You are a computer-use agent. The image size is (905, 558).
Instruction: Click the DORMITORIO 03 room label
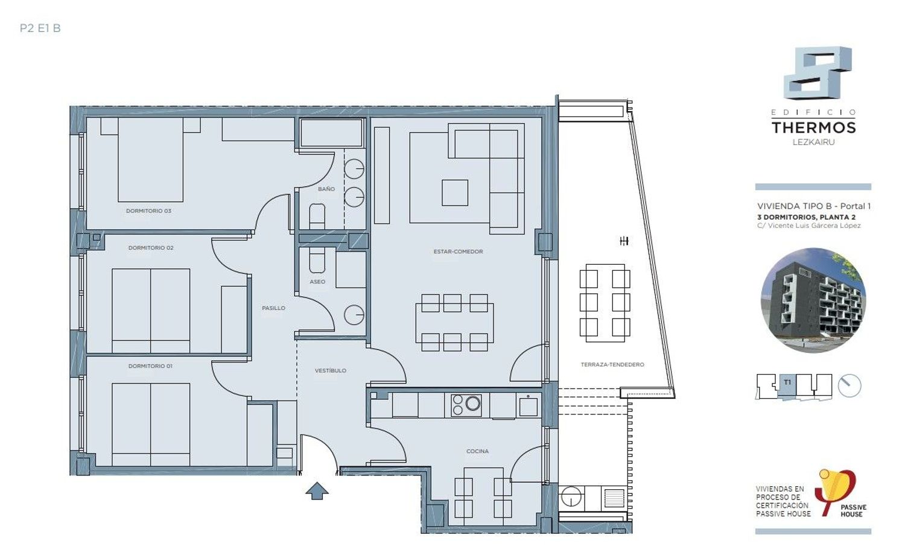pyautogui.click(x=148, y=211)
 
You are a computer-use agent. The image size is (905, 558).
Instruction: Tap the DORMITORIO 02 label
pyautogui.click(x=151, y=248)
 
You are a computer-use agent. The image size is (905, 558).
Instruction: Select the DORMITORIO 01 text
pyautogui.click(x=150, y=366)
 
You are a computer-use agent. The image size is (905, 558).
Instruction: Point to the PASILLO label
pyautogui.click(x=273, y=308)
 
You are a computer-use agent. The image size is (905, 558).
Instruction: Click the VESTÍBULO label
pyautogui.click(x=331, y=370)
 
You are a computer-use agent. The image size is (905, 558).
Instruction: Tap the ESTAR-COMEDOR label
pyautogui.click(x=458, y=252)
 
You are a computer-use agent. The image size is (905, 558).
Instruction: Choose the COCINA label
pyautogui.click(x=478, y=451)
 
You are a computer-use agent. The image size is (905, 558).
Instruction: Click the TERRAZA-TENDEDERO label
pyautogui.click(x=612, y=364)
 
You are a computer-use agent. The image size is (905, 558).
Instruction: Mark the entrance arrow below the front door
pyautogui.click(x=317, y=491)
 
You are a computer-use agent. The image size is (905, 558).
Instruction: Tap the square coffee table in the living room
pyautogui.click(x=455, y=192)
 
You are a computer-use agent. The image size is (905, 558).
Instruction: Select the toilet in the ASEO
pyautogui.click(x=317, y=260)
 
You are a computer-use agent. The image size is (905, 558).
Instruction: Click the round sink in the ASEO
pyautogui.click(x=354, y=315)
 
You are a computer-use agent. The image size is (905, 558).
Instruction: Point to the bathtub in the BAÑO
pyautogui.click(x=331, y=133)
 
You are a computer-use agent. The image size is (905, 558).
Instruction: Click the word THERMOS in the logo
pyautogui.click(x=814, y=128)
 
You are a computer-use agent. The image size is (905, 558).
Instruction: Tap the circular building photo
pyautogui.click(x=813, y=300)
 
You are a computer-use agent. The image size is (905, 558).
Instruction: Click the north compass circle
pyautogui.click(x=849, y=385)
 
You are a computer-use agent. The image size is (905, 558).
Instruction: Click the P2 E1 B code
pyautogui.click(x=40, y=28)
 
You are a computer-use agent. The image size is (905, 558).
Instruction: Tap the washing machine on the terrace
pyautogui.click(x=571, y=496)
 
